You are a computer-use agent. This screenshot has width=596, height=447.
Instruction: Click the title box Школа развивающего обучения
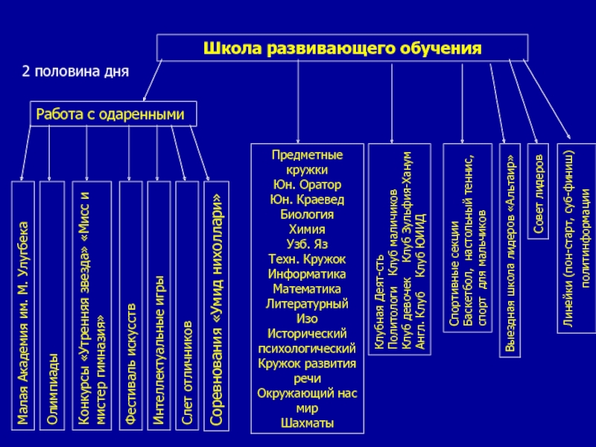click(343, 49)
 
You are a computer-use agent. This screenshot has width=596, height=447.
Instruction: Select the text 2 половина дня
click(75, 72)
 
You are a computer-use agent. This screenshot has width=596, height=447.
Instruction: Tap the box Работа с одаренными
click(113, 114)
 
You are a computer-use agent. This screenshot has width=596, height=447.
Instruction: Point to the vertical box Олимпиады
click(51, 305)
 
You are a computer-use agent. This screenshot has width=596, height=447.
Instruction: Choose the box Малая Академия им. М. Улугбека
click(22, 305)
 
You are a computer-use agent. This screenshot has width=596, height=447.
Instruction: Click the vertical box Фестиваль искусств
click(130, 305)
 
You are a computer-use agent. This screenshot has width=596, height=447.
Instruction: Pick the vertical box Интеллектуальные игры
click(158, 305)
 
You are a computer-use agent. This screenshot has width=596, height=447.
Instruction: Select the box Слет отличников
click(187, 305)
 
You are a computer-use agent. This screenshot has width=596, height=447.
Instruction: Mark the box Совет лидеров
click(539, 191)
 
